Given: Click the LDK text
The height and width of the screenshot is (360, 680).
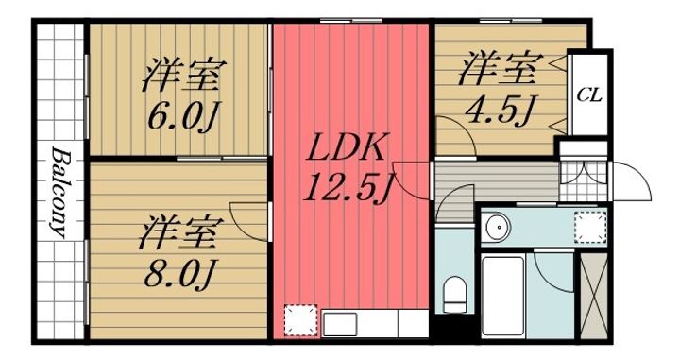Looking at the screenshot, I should click(347, 148).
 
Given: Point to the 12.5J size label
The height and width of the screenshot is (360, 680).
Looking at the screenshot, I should click(347, 189).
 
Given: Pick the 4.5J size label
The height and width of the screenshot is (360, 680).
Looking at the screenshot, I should click(500, 108).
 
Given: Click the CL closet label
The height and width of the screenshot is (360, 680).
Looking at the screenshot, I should click(589, 95).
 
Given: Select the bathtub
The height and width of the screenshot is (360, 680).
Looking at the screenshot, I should click(506, 293).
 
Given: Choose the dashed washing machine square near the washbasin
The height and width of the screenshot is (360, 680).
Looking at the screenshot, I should click(589, 226).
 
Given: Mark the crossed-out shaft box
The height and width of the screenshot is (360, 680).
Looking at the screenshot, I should click(594, 292).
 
